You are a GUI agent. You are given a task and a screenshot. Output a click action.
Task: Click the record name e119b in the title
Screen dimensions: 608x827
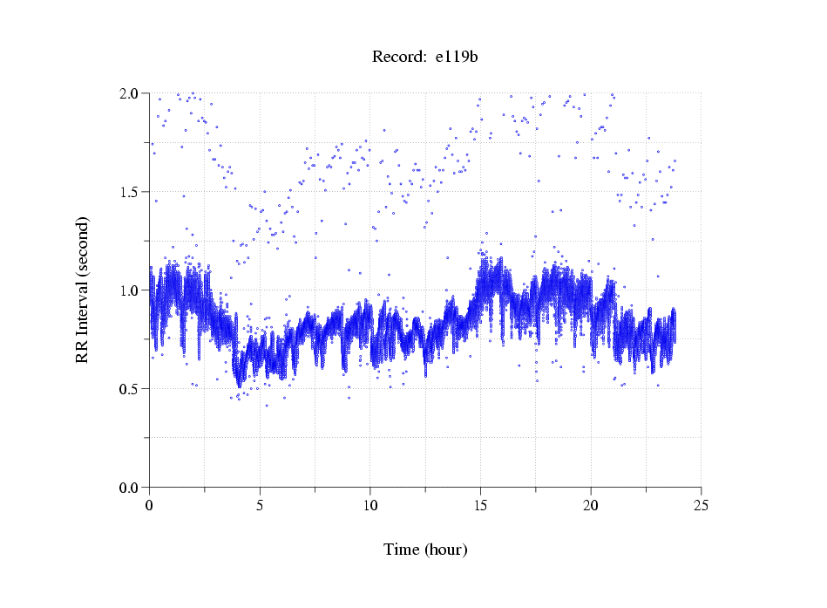click(x=457, y=58)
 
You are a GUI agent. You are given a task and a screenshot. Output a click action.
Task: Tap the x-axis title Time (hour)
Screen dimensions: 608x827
click(x=425, y=550)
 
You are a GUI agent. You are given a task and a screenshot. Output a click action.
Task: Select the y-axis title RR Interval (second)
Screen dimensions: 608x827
click(x=82, y=290)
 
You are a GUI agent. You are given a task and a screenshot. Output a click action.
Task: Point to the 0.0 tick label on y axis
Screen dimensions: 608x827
click(x=130, y=488)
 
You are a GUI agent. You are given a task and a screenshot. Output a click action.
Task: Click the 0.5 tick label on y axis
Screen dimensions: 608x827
click(x=130, y=389)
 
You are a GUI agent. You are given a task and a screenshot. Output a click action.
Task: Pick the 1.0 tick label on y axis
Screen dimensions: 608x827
click(x=130, y=290)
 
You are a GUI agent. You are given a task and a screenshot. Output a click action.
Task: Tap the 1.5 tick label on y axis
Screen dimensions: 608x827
click(x=130, y=192)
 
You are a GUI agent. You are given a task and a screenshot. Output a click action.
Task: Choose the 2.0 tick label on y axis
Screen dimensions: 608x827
click(x=130, y=93)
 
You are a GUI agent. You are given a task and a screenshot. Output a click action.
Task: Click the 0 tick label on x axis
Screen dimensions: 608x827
click(x=150, y=504)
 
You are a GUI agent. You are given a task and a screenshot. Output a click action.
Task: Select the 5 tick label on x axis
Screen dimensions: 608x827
click(x=260, y=504)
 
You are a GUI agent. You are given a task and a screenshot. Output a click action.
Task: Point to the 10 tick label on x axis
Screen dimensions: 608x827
click(x=370, y=504)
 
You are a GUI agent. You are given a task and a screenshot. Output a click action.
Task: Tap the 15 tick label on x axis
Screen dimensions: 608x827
click(x=480, y=504)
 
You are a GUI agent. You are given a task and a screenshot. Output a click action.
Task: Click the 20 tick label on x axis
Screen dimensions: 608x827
click(x=591, y=504)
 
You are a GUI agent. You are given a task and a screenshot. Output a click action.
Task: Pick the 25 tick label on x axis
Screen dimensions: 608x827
click(x=702, y=504)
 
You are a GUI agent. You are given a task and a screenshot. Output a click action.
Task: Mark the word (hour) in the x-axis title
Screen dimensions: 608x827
click(x=445, y=550)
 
